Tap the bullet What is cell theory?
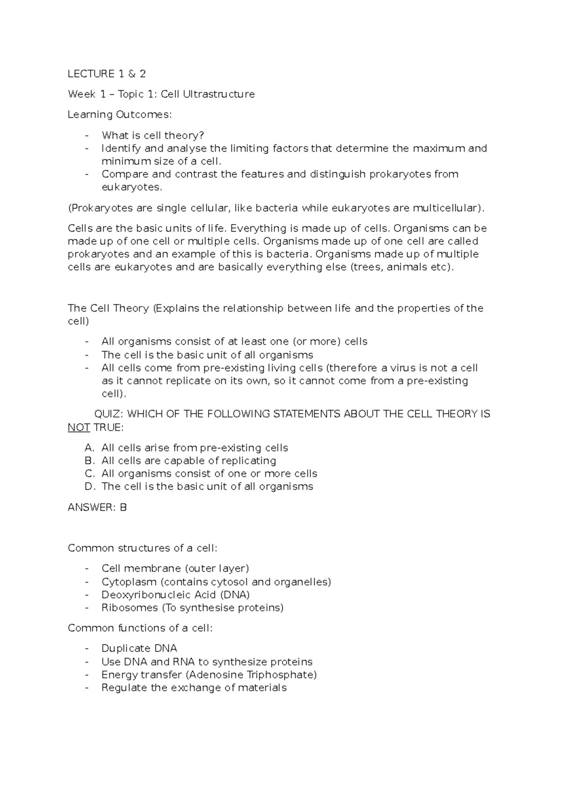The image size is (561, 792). tap(153, 135)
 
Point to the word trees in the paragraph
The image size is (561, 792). tap(369, 268)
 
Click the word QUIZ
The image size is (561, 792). tap(108, 414)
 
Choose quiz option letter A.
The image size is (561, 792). tap(89, 448)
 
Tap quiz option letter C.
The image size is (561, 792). tap(89, 474)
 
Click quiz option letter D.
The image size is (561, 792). tap(89, 487)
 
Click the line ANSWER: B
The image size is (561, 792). tap(97, 507)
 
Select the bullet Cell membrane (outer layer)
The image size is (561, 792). tap(175, 568)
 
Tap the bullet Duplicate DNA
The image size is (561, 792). tap(139, 649)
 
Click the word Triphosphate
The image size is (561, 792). tap(282, 675)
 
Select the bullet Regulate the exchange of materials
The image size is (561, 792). tap(194, 688)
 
